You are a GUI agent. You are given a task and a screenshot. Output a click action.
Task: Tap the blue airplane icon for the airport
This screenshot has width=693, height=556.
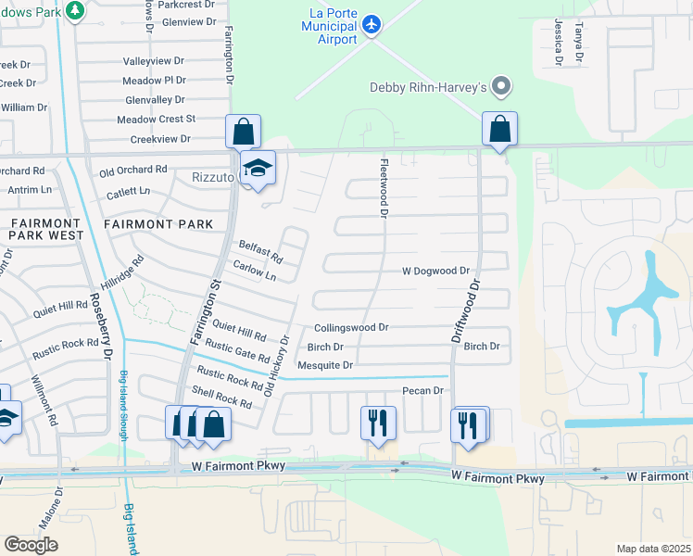[372, 23]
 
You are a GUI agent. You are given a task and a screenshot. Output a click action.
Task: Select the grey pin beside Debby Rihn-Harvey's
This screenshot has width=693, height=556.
[502, 87]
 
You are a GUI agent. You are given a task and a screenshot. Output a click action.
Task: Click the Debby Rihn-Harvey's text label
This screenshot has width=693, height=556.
[429, 88]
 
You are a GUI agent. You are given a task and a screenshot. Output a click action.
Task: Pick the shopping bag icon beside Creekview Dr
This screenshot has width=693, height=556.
[243, 131]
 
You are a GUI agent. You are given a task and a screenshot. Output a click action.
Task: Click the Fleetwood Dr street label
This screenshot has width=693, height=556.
[382, 188]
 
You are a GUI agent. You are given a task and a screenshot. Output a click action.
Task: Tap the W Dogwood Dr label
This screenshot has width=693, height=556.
[435, 272]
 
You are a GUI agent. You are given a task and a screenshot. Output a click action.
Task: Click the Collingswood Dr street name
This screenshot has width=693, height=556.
[350, 328]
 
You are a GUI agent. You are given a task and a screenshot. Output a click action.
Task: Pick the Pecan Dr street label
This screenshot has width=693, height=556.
[423, 391]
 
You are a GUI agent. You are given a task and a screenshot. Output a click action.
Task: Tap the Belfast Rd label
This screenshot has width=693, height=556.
[260, 250]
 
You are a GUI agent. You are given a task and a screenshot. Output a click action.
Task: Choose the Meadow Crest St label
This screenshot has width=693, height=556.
[156, 119]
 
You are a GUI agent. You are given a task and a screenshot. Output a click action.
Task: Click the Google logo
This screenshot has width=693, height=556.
[31, 544]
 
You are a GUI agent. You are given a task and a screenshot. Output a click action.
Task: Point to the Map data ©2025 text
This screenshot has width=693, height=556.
[652, 549]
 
